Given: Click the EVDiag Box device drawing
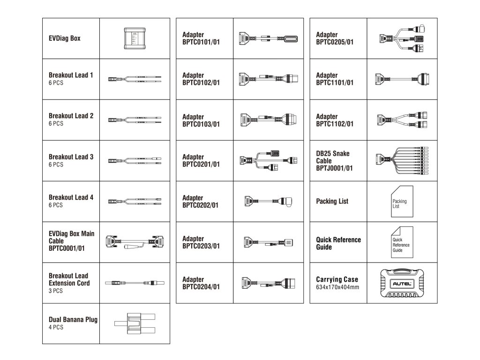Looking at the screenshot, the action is (135, 38).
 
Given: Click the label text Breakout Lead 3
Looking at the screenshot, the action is (71, 157).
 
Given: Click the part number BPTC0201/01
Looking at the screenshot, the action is (201, 165).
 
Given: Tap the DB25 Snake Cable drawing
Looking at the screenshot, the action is (402, 161).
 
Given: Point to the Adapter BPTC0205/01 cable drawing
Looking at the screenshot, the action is (402, 38).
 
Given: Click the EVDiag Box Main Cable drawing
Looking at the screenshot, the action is (135, 242).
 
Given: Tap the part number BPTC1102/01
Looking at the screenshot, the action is (335, 124).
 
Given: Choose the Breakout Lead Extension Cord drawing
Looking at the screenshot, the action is (135, 283).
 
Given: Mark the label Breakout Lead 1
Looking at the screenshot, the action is (71, 75).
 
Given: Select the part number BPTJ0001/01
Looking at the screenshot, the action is (335, 168).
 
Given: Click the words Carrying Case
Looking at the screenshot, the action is (337, 279).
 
